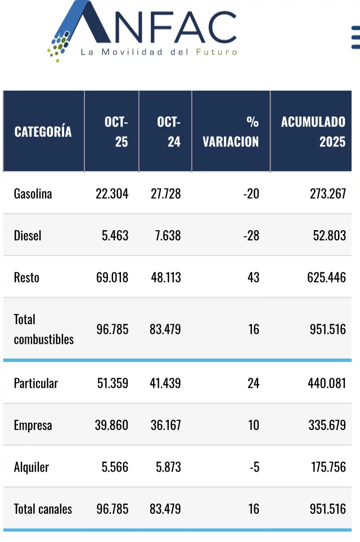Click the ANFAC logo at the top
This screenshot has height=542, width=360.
142,31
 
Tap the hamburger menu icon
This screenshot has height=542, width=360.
355,37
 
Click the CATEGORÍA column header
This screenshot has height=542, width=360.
43,132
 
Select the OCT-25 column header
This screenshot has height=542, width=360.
116,132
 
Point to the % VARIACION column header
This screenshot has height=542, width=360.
231,132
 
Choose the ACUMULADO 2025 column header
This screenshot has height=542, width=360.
313,132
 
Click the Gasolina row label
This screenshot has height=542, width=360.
33,194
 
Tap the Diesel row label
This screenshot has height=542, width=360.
28,236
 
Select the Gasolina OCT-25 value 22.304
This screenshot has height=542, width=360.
112,194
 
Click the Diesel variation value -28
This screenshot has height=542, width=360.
251,236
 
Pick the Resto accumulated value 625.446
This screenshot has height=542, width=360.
326,277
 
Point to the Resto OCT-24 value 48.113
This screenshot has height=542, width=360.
166,277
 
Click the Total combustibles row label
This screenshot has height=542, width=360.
44,329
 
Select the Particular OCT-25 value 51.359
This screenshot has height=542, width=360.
112,383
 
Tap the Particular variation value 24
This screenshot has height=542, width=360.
253,383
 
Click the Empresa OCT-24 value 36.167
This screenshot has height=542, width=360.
166,425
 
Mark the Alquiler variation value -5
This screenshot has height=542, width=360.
255,467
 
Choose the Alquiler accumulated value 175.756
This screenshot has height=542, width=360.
328,467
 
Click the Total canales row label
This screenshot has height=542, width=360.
43,509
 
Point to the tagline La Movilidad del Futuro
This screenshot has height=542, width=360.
159,52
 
